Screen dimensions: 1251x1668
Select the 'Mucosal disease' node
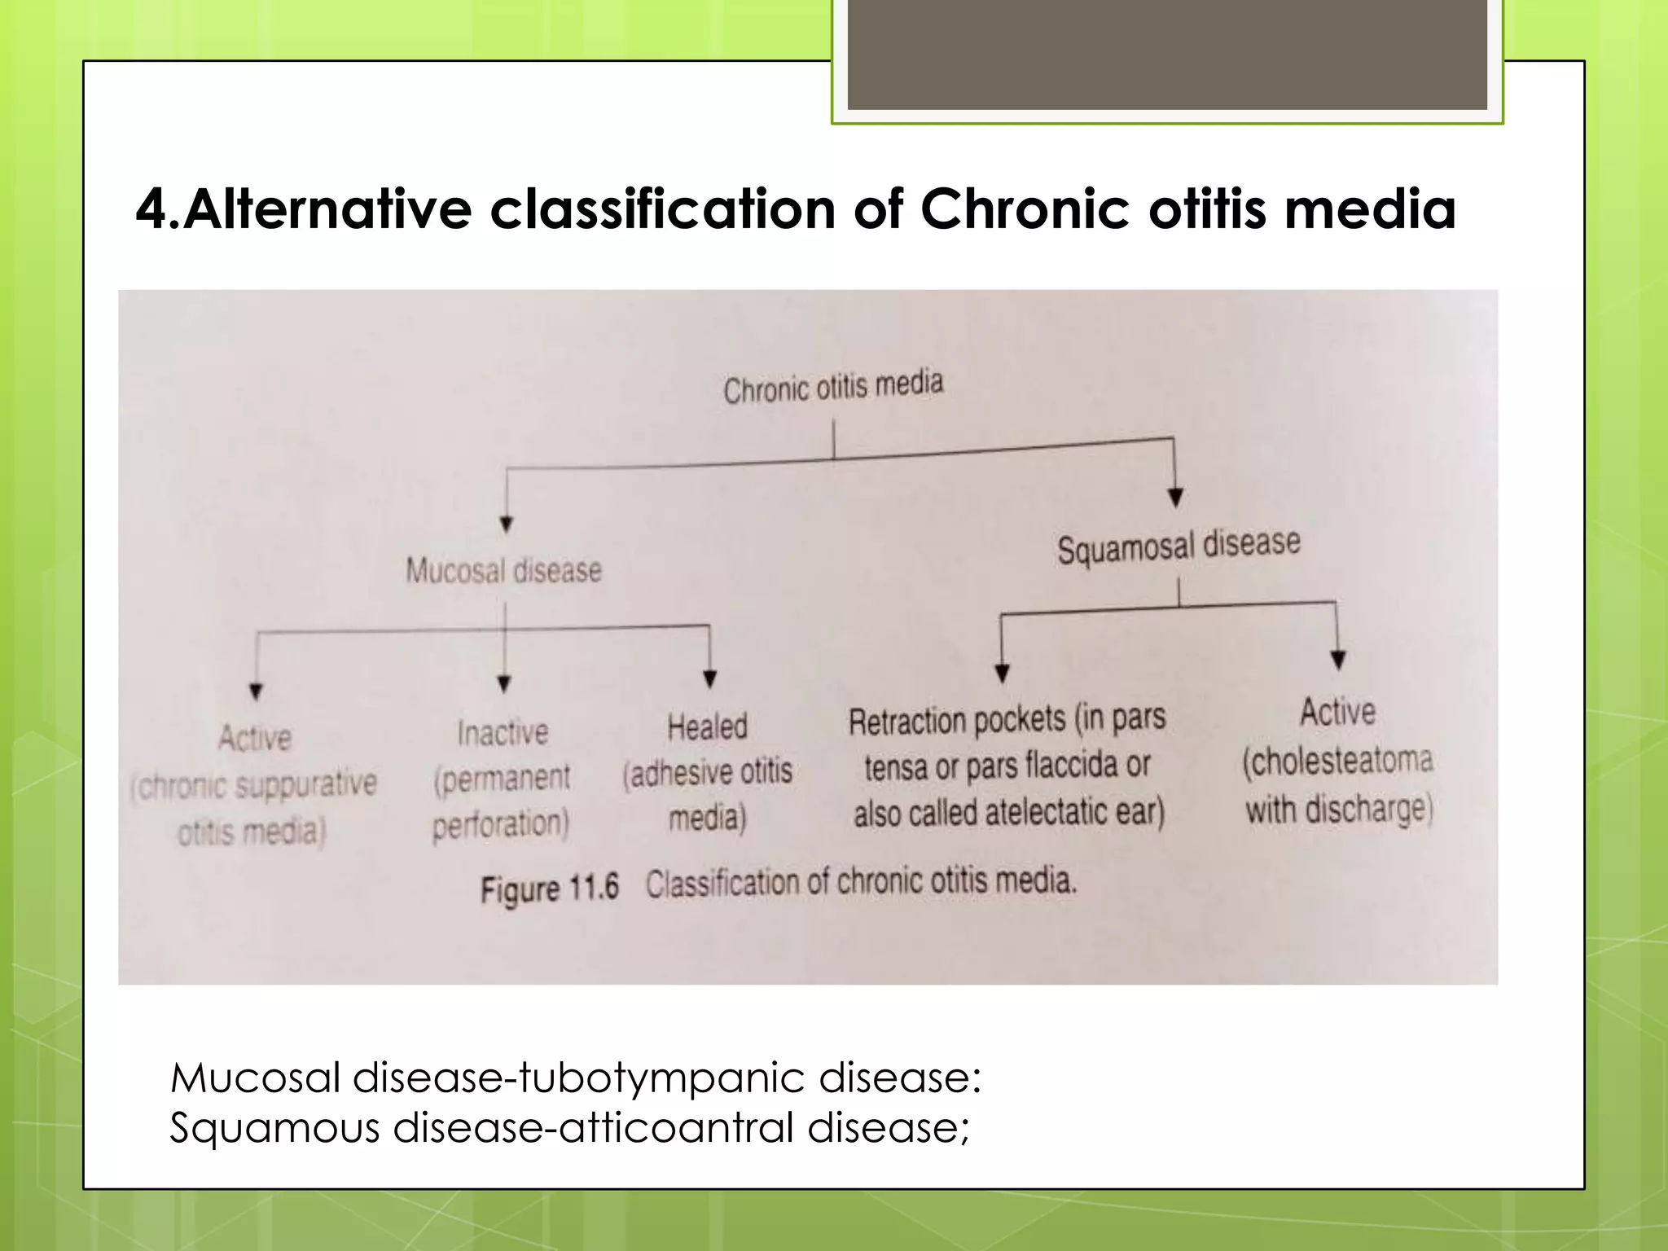click(x=503, y=571)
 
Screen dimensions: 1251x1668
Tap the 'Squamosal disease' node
click(x=1179, y=546)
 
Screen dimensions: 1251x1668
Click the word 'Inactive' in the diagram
click(x=503, y=733)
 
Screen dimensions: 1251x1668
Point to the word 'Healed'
click(x=707, y=726)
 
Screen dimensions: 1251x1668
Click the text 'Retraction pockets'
click(x=956, y=721)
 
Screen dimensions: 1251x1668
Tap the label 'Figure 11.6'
click(x=550, y=888)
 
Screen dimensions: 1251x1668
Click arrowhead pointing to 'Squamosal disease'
click(x=1175, y=497)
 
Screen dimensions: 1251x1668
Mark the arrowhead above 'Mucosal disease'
click(x=506, y=525)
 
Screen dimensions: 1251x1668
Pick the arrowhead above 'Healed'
click(x=709, y=678)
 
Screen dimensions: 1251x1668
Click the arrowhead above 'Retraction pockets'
click(x=1003, y=674)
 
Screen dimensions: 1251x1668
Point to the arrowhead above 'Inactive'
click(x=504, y=683)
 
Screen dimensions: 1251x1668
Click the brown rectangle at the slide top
click(x=1166, y=55)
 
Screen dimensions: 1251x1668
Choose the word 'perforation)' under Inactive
click(x=500, y=824)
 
